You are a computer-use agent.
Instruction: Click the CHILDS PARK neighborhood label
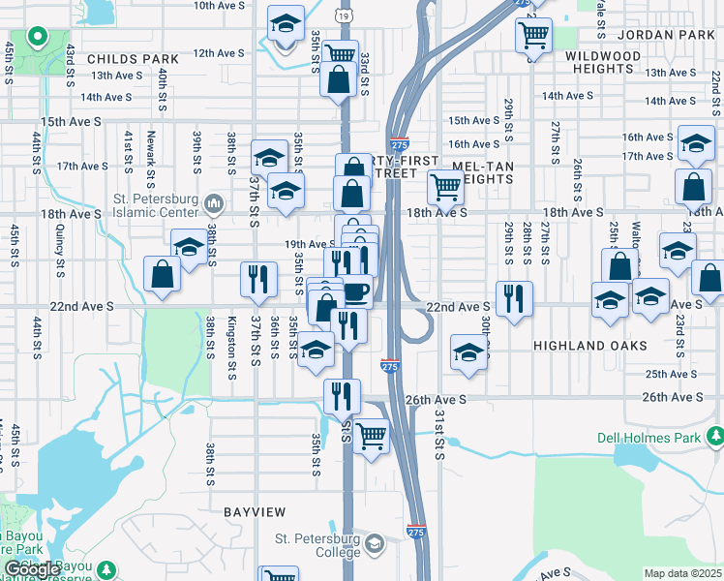pos(134,59)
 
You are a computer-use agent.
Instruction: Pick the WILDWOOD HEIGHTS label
pos(602,62)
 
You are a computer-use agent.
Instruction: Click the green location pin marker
pos(37,38)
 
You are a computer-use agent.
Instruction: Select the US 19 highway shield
pos(346,15)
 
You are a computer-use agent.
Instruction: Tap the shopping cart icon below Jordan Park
pos(533,37)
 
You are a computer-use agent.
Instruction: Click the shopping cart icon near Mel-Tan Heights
pos(445,186)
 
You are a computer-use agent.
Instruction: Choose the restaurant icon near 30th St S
pos(513,296)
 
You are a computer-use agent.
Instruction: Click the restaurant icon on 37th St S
pos(258,280)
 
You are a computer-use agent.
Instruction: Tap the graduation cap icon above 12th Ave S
pos(285,24)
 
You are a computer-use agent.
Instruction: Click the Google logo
pos(32,569)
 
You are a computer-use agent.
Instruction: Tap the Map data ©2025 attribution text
pos(682,573)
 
